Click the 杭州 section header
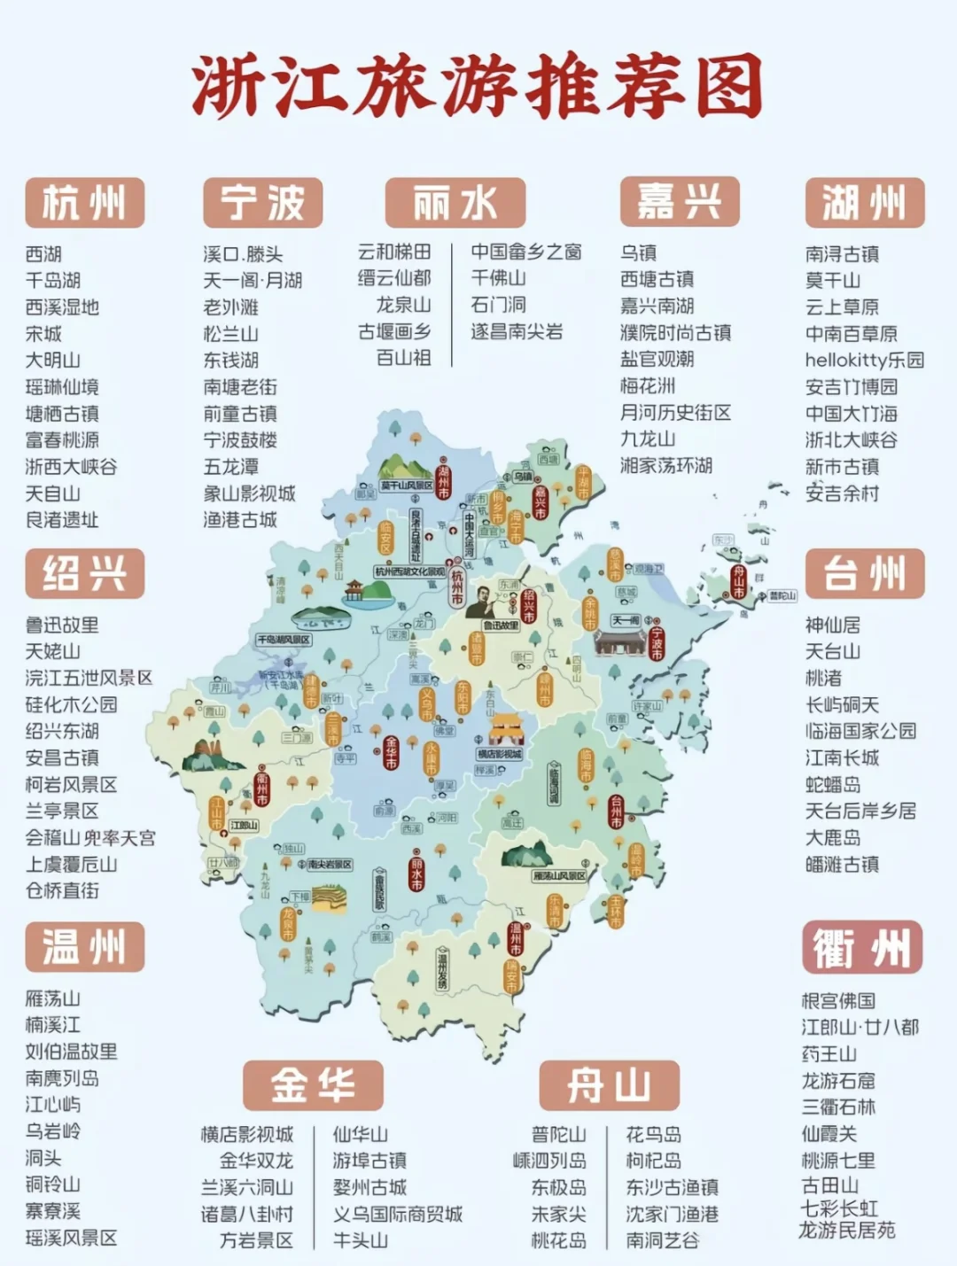pyautogui.click(x=85, y=203)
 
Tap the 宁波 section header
pyautogui.click(x=262, y=203)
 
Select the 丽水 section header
pyautogui.click(x=455, y=203)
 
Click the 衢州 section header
pyautogui.click(x=862, y=947)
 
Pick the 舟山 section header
pyautogui.click(x=609, y=1085)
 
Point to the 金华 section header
pyautogui.click(x=313, y=1085)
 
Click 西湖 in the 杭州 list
pyautogui.click(x=44, y=254)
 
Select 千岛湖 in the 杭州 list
pyautogui.click(x=53, y=281)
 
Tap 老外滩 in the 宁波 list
pyautogui.click(x=231, y=307)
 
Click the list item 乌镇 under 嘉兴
pyautogui.click(x=638, y=253)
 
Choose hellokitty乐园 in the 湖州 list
pyautogui.click(x=864, y=360)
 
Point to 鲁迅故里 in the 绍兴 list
pyautogui.click(x=62, y=625)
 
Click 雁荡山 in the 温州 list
pyautogui.click(x=53, y=998)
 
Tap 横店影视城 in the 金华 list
pyautogui.click(x=247, y=1134)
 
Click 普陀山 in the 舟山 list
pyautogui.click(x=558, y=1134)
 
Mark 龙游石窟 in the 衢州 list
pyautogui.click(x=837, y=1081)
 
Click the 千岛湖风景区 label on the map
pyautogui.click(x=284, y=639)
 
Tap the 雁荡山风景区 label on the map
pyautogui.click(x=559, y=875)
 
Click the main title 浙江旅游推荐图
pyautogui.click(x=478, y=87)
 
